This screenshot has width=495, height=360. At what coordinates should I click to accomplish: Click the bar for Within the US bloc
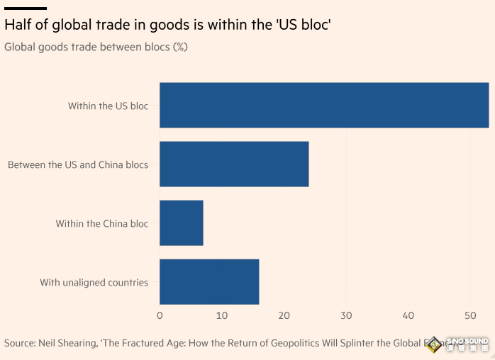324,106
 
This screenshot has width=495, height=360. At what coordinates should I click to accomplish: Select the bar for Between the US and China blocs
234,164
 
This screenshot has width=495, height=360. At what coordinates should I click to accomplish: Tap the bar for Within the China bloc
182,223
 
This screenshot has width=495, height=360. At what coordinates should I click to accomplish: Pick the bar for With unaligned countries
209,282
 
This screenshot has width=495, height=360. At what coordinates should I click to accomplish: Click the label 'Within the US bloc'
108,106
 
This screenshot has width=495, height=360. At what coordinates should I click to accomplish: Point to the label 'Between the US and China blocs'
78,164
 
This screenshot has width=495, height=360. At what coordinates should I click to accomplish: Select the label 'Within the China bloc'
102,223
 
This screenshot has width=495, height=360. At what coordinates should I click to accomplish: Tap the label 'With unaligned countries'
94,282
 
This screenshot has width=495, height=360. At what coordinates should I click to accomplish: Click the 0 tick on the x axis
160,315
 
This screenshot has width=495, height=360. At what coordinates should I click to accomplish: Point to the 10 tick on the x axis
222,315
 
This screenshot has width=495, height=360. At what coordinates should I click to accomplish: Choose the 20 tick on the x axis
284,315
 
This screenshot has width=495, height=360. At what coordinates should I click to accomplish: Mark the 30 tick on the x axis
346,315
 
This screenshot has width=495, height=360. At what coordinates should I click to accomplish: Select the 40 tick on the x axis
408,315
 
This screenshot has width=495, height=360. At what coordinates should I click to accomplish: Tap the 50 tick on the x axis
470,315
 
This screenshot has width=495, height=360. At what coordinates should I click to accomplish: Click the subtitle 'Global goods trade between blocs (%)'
96,47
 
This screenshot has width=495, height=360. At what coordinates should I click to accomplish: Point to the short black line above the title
25,8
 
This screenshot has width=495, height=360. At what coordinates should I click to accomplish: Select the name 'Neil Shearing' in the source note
69,343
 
